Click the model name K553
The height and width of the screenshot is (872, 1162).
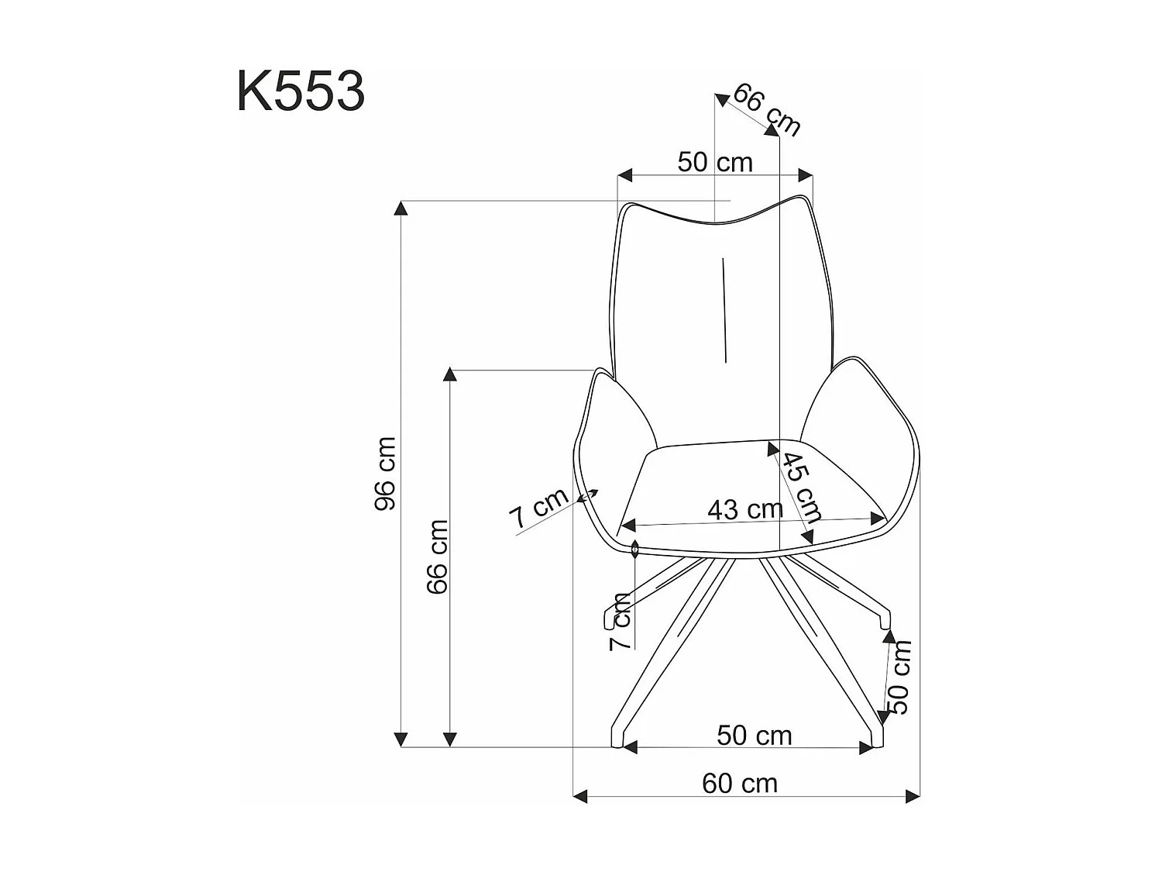(301, 91)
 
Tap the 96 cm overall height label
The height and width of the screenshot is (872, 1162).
(385, 474)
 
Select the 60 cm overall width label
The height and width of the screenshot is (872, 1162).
(740, 784)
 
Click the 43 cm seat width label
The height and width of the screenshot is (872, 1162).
(745, 508)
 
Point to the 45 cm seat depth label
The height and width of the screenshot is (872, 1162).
(801, 487)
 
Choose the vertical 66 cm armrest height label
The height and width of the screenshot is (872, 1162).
(437, 557)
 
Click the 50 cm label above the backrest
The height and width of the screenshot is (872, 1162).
(715, 162)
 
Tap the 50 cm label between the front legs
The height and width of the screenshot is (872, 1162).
(754, 736)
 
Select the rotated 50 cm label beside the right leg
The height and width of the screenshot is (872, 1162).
(899, 677)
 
